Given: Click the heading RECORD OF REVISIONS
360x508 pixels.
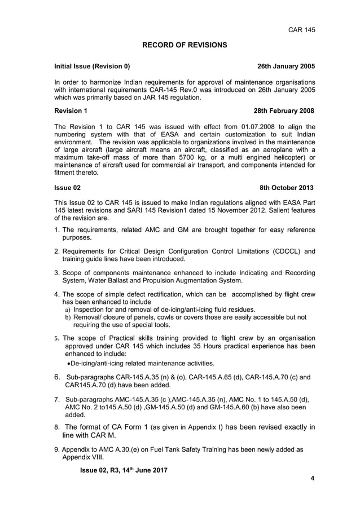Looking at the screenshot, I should pos(184,45).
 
